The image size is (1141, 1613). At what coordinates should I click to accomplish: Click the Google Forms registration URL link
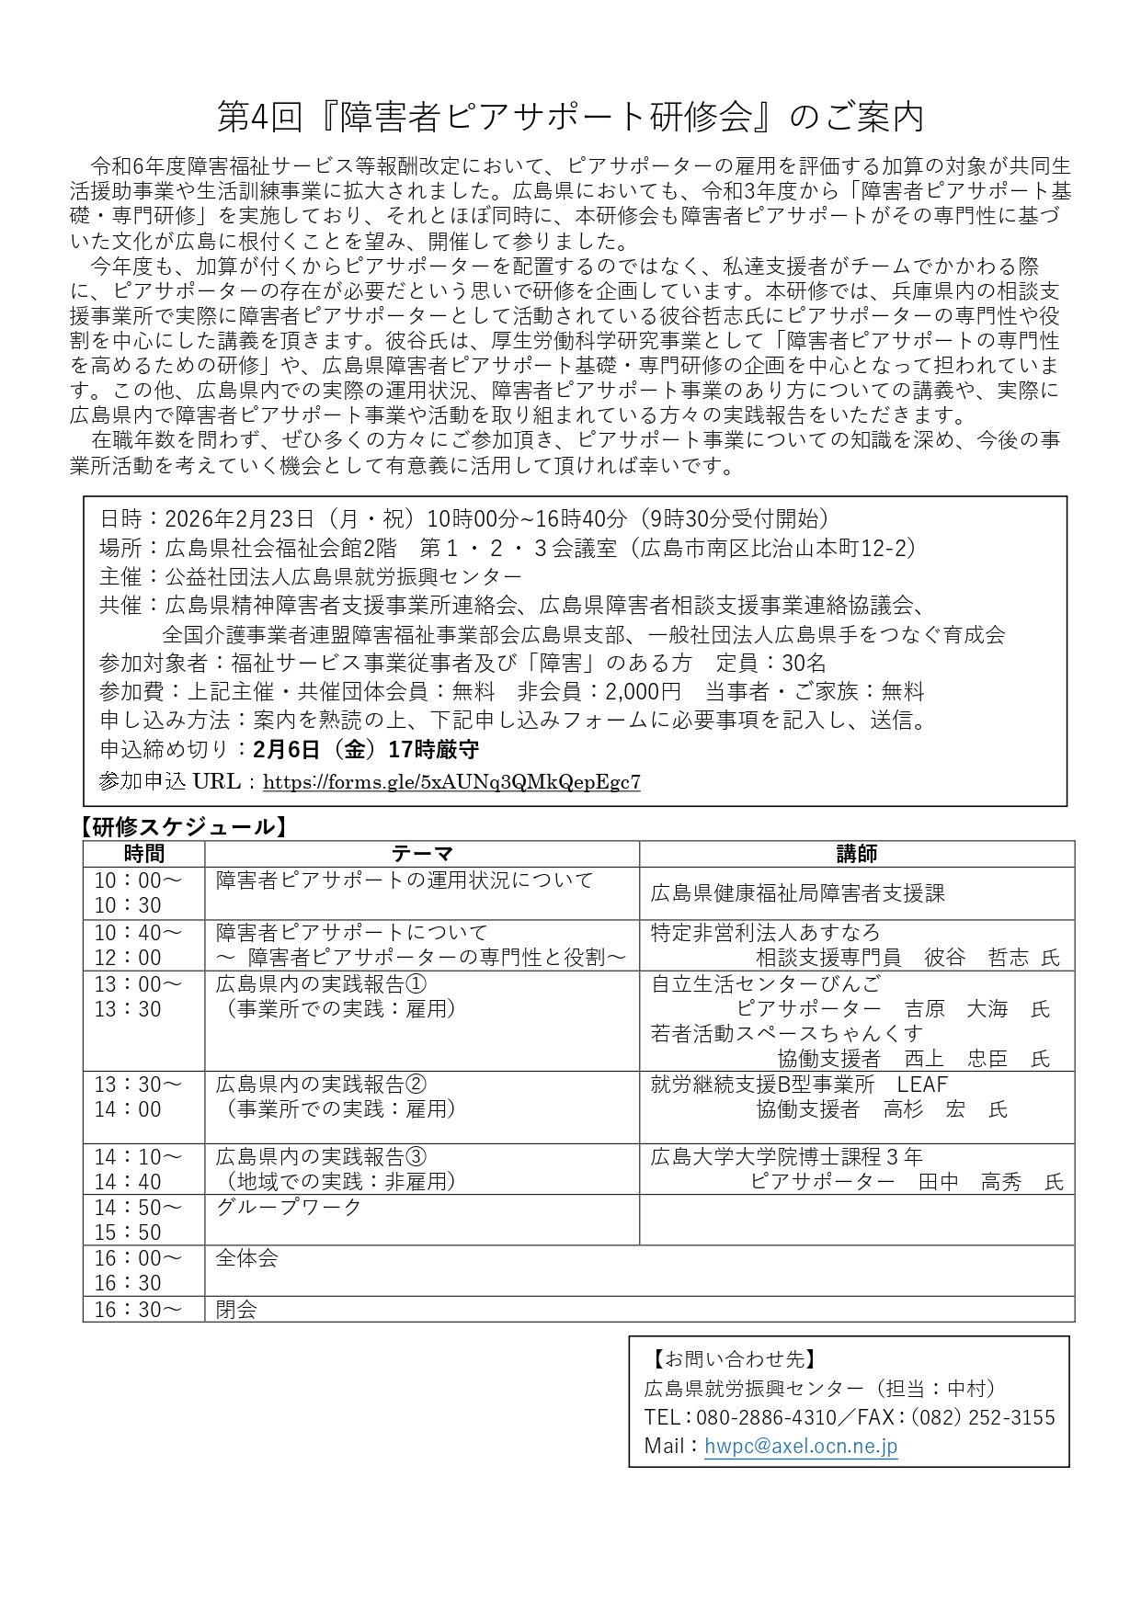451,782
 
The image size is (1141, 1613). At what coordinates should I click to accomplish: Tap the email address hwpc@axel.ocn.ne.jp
800,1446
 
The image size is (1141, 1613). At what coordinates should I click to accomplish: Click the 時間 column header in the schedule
143,854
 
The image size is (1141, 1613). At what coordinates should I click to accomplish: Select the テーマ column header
422,854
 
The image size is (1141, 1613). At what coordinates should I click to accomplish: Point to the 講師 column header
856,854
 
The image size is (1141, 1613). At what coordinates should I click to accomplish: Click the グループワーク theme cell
289,1207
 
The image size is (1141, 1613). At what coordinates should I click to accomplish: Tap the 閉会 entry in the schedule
236,1309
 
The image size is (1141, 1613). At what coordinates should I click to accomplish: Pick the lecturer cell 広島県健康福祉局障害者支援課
797,893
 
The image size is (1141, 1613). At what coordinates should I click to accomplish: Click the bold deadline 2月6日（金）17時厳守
365,749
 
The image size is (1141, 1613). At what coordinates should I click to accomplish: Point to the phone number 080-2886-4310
766,1417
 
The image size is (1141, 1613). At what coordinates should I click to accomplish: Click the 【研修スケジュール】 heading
184,826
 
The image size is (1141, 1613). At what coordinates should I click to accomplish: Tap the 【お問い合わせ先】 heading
733,1358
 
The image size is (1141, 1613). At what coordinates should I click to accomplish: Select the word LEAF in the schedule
921,1085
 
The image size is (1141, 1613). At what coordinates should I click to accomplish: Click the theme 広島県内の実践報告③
321,1156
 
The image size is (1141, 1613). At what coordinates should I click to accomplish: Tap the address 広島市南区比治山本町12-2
777,548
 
